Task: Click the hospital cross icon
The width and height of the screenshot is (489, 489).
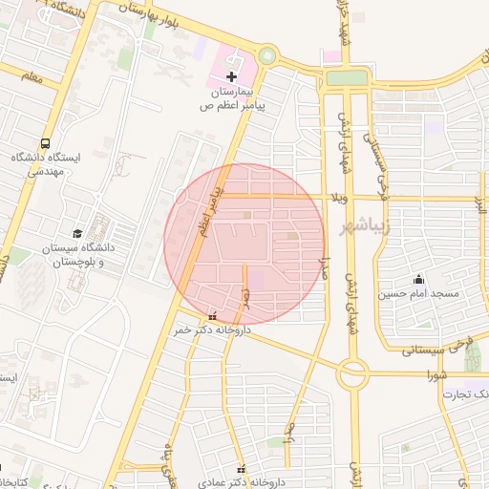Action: coord(232,74)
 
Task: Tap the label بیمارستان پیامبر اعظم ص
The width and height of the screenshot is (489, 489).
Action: coord(232,98)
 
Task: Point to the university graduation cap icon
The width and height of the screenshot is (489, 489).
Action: coord(76,232)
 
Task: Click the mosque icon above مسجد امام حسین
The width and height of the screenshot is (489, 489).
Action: coord(418,280)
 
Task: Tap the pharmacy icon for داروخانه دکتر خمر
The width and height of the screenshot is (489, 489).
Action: coord(212,316)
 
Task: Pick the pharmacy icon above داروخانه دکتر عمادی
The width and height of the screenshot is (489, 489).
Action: coord(242,469)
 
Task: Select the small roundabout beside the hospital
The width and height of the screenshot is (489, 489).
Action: coord(267,56)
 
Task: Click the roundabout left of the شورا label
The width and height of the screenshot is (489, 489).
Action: coord(352,373)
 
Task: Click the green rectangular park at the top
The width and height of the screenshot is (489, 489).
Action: coord(346,77)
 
